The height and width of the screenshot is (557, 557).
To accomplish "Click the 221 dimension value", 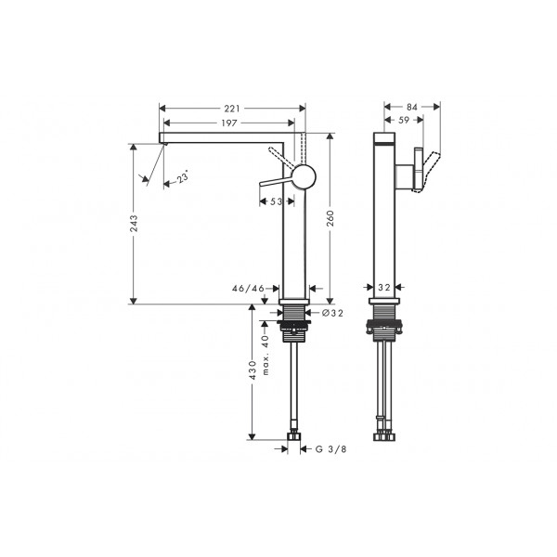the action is pos(231,109).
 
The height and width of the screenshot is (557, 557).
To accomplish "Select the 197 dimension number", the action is pos(229,123).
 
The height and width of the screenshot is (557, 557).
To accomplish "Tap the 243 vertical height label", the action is pos(134,224).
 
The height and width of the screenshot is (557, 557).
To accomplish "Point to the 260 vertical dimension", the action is pos(330,218).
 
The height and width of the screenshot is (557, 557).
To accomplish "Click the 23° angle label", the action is pos(183,177).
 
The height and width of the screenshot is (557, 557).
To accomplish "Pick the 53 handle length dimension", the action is pos(276,201).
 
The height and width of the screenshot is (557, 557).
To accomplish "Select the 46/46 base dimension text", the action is pos(248,289).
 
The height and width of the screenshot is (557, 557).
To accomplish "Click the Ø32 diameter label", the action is pos(333,313).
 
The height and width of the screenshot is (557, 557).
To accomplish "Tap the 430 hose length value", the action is pos(253,370).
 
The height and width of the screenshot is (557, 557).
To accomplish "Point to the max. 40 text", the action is pos(266,356).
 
